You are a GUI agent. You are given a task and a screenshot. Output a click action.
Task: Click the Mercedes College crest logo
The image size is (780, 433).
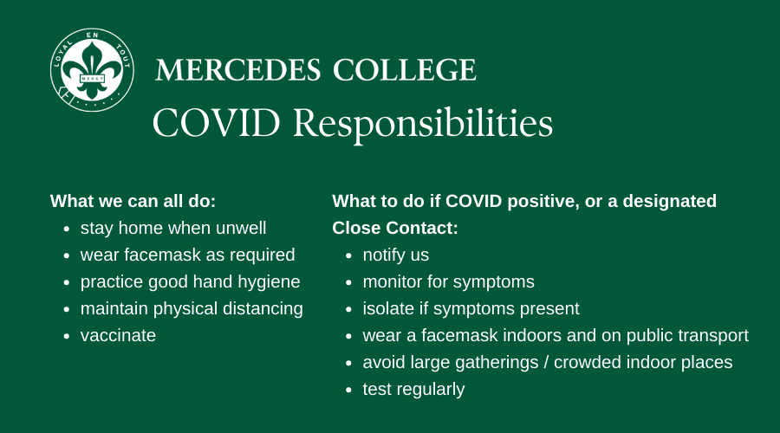[x=92, y=69]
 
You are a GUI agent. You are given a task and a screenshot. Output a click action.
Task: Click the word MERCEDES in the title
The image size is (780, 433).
[x=237, y=69]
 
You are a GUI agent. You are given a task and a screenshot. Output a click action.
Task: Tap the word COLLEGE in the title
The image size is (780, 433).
[x=405, y=69]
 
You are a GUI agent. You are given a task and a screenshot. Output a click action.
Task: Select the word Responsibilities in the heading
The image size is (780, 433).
[x=423, y=125]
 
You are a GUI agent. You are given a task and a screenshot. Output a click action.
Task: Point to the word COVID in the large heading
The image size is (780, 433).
[x=217, y=123]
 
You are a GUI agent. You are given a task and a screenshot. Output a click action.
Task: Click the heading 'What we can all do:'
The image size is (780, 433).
[x=133, y=201]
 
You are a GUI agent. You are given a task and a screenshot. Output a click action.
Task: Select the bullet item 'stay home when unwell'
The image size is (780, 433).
[x=173, y=228]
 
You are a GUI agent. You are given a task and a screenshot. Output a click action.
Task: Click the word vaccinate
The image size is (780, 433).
[x=118, y=335]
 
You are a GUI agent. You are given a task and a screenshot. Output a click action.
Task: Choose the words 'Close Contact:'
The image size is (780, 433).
[x=395, y=228]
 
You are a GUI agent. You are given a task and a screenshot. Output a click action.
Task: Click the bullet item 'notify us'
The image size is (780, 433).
[x=395, y=255]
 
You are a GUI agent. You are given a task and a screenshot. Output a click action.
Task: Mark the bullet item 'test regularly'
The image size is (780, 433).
[x=413, y=390]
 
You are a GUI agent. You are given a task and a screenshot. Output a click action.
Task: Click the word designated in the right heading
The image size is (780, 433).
[x=670, y=201]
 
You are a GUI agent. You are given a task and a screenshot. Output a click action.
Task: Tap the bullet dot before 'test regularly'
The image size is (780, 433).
[x=348, y=391]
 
